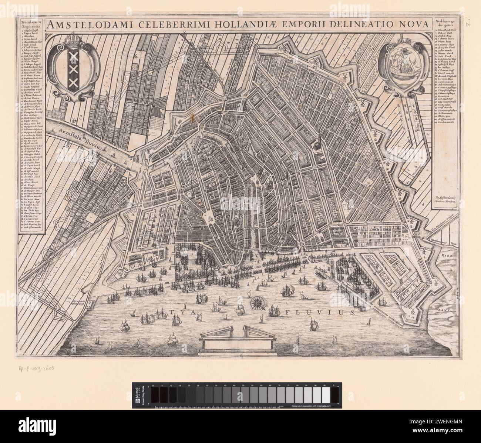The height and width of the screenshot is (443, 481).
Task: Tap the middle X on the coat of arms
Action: click(x=73, y=70)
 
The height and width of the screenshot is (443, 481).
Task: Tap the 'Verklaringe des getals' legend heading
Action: click(x=445, y=24)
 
